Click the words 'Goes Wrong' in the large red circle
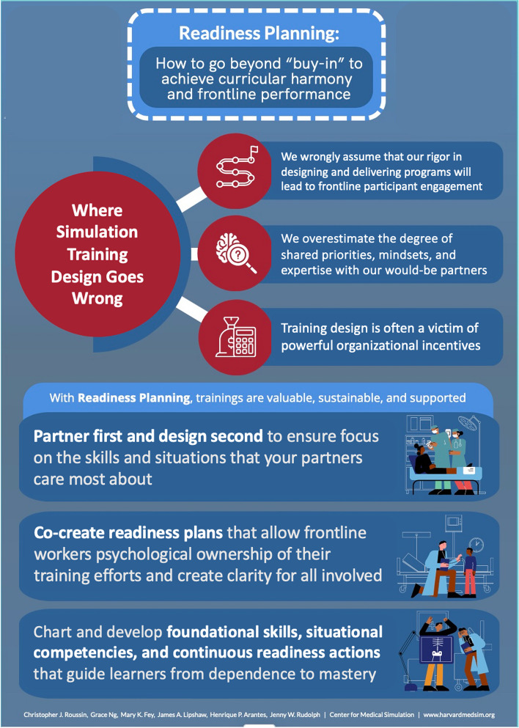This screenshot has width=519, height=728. tap(97, 288)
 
